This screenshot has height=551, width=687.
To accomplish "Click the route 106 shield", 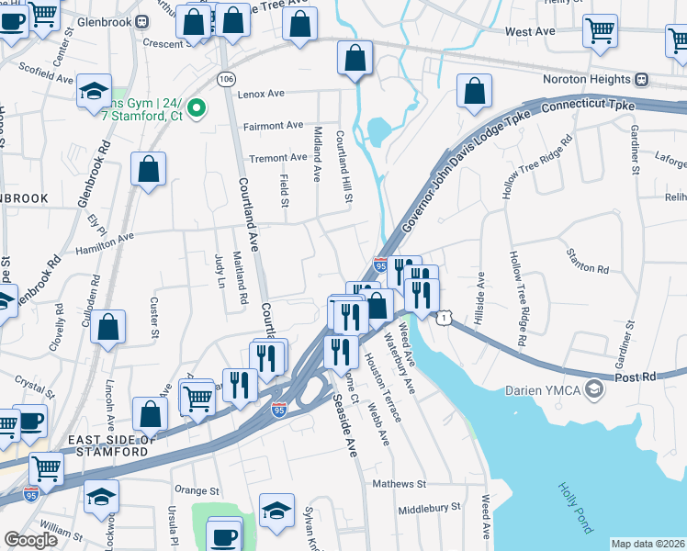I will click(225, 79).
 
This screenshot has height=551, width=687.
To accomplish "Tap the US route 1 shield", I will click(445, 317).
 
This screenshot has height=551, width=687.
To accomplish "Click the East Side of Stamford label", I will click(100, 446).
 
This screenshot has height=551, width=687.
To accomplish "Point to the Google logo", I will click(30, 540).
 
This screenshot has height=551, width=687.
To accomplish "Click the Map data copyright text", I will click(648, 544).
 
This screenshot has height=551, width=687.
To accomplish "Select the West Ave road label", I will click(530, 31).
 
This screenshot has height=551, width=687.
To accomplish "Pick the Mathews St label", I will click(399, 483).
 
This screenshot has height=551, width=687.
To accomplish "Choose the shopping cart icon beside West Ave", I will click(600, 29).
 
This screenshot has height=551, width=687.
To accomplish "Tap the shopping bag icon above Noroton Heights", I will click(474, 91).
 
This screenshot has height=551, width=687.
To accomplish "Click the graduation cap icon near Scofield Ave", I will click(93, 93).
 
